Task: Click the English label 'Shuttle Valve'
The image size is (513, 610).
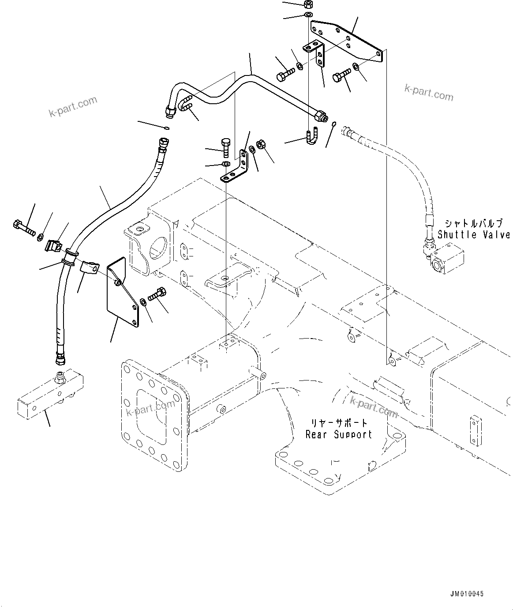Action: [x=474, y=235]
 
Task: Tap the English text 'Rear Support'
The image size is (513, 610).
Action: [x=339, y=434]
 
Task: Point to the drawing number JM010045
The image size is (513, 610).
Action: [x=467, y=594]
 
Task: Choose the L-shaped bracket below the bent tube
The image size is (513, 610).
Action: [x=236, y=169]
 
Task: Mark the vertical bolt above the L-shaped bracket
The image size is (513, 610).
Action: [x=225, y=147]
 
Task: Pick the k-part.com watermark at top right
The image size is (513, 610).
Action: [x=428, y=92]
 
